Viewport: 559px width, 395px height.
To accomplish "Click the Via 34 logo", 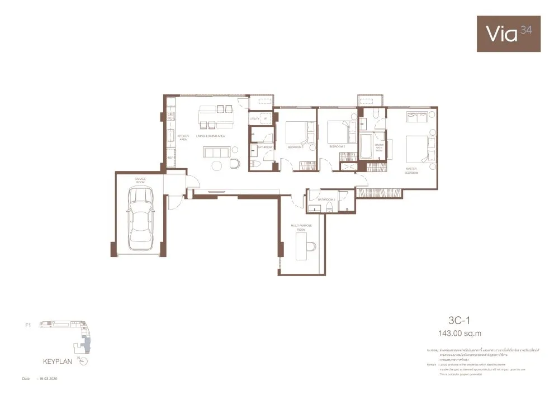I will pos(508,34).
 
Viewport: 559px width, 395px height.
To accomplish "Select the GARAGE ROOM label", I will pos(140,180).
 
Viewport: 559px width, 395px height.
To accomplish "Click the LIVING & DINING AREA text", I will pos(210,136).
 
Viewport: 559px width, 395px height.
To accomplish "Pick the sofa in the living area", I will pos(216,153).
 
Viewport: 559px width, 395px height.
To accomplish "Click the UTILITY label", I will pos(255,118).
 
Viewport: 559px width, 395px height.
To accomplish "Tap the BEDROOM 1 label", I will pos(295,147).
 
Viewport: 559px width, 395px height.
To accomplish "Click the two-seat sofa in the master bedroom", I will pos(418,117).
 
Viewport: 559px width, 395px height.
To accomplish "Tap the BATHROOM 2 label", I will pos(326,199).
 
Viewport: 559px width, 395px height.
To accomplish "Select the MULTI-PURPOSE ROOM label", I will pos(301,227).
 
